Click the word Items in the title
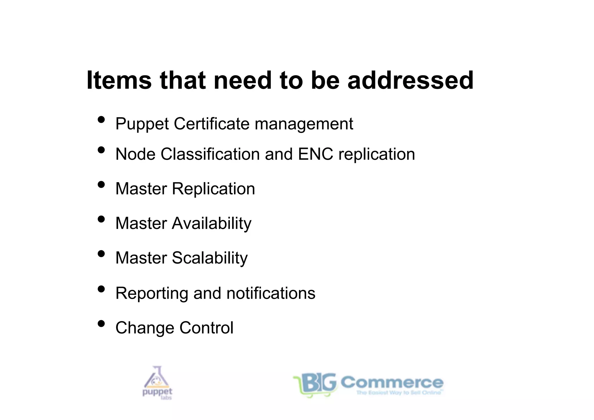click(119, 80)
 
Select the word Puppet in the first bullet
click(142, 124)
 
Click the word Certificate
click(211, 124)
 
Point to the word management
click(304, 124)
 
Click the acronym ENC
click(316, 154)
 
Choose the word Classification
click(210, 154)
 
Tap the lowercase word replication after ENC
click(376, 154)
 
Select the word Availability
click(212, 223)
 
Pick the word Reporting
click(152, 293)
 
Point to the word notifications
click(271, 293)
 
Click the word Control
click(206, 328)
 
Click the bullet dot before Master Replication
click(101, 184)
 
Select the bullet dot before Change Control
click(101, 323)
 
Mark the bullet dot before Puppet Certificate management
click(101, 119)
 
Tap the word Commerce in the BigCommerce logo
click(392, 382)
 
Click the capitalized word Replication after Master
click(213, 189)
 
